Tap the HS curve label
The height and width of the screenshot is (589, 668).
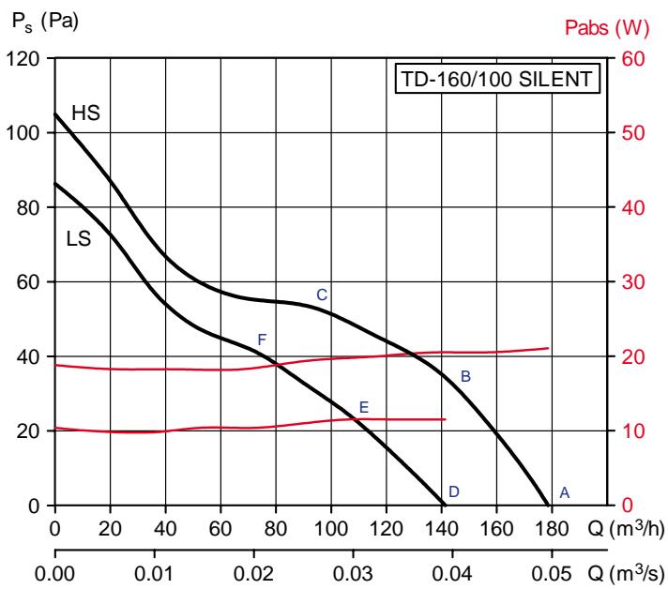[x=85, y=113]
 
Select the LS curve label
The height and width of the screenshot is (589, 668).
[x=79, y=239]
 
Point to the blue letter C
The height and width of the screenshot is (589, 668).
[x=321, y=294]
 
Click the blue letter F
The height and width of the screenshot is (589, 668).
[x=263, y=339]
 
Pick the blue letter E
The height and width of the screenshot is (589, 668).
[x=364, y=407]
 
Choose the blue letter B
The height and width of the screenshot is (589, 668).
[x=464, y=376]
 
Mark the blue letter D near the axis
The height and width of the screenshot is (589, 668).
[x=453, y=491]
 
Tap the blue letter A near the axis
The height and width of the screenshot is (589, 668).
[x=564, y=491]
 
